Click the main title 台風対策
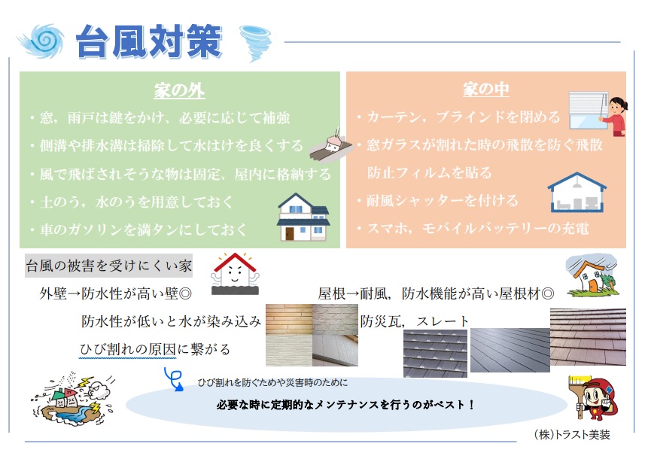point(149,41)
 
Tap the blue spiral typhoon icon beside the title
point(41,41)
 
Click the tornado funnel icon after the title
point(256,43)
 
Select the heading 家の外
point(179,90)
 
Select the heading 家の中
point(486,90)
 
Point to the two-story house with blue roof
point(303,217)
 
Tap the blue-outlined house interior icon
point(577,193)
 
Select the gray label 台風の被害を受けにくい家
point(108,265)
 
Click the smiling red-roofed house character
point(235,273)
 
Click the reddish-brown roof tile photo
point(588,336)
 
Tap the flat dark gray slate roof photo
point(510,350)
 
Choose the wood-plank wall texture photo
point(288,319)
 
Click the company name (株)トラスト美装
point(572,435)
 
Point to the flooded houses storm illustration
point(72,397)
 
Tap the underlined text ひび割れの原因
point(128,349)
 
